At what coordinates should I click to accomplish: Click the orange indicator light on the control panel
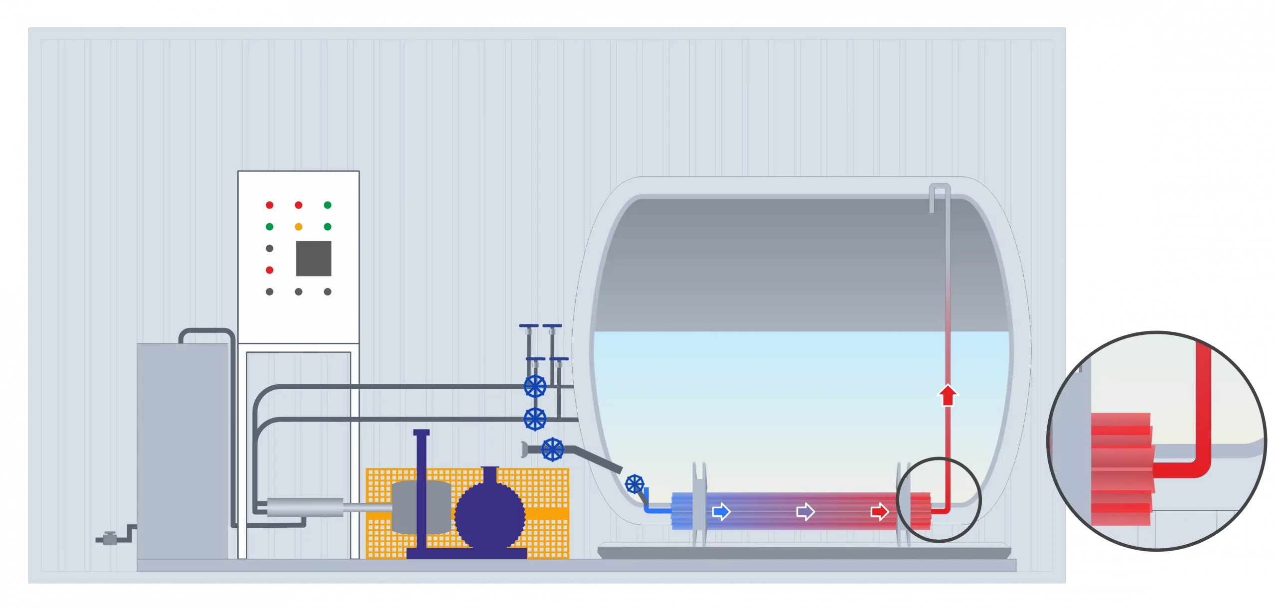(299, 227)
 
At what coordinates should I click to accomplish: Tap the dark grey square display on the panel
(314, 258)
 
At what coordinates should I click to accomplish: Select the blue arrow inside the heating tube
(721, 511)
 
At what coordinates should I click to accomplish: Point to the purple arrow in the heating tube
(805, 511)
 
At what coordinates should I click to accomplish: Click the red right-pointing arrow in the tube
(879, 511)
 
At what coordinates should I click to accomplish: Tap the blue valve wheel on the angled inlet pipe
(552, 449)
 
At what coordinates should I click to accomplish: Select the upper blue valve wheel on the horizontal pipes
(535, 386)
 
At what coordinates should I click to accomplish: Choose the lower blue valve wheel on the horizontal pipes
(535, 419)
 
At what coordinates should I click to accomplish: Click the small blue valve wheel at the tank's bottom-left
(635, 483)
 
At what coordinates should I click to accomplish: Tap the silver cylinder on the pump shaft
(305, 507)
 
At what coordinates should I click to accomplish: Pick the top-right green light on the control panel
(327, 205)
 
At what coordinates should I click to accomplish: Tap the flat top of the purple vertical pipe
(421, 432)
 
